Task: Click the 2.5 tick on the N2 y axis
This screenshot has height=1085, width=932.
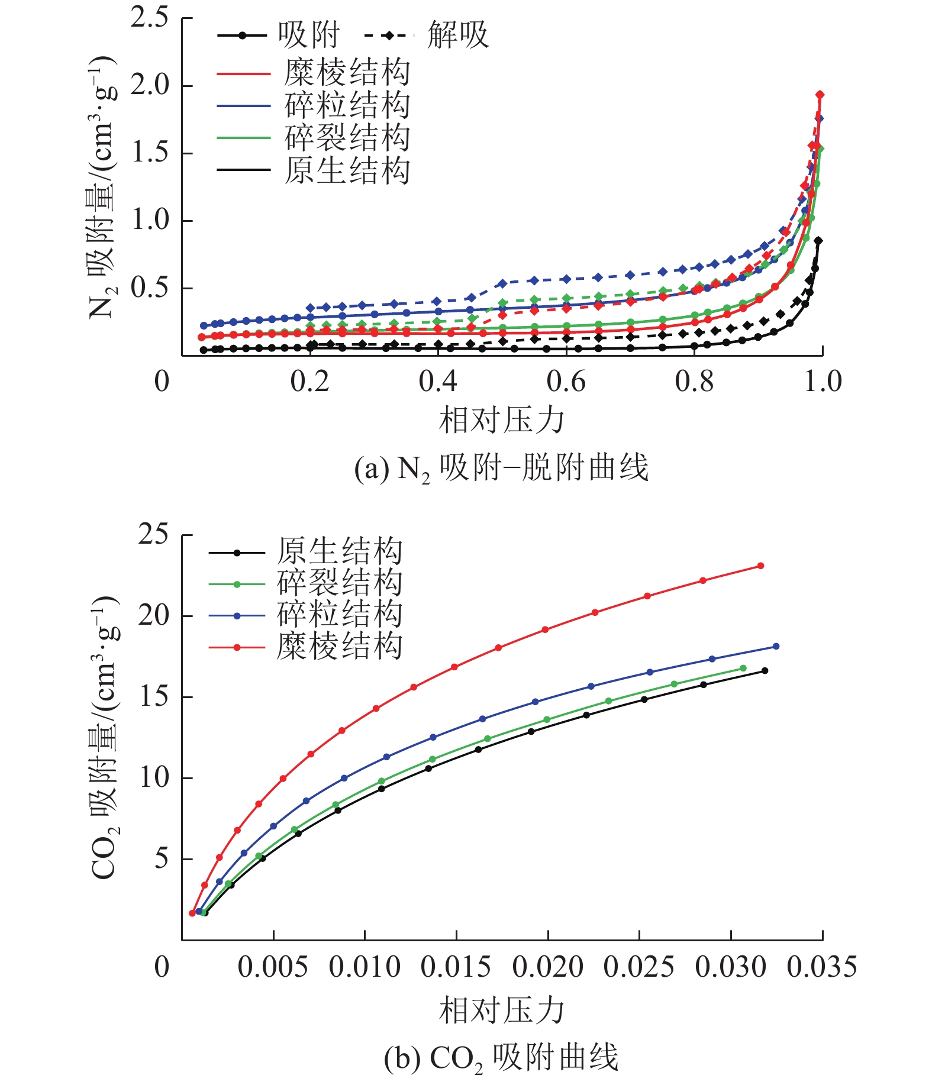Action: pyautogui.click(x=149, y=18)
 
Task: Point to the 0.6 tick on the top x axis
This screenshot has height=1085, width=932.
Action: pyautogui.click(x=566, y=382)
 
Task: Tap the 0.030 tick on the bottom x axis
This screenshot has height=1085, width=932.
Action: pyautogui.click(x=731, y=967)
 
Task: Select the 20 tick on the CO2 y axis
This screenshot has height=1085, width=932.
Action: pyautogui.click(x=153, y=616)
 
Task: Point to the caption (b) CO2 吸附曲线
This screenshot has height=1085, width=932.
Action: pyautogui.click(x=501, y=1058)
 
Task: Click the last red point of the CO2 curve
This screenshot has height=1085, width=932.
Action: pyautogui.click(x=761, y=566)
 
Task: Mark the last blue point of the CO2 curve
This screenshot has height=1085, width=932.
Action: pyautogui.click(x=776, y=646)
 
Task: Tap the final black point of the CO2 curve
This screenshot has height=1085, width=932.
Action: pyautogui.click(x=765, y=670)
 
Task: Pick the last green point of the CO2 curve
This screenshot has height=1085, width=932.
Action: pyautogui.click(x=743, y=668)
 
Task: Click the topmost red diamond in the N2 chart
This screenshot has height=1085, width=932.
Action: pyautogui.click(x=820, y=95)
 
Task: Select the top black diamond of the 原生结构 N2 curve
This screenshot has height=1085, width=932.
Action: pyautogui.click(x=818, y=240)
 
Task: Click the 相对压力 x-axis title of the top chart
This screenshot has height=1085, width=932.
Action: pyautogui.click(x=501, y=421)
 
